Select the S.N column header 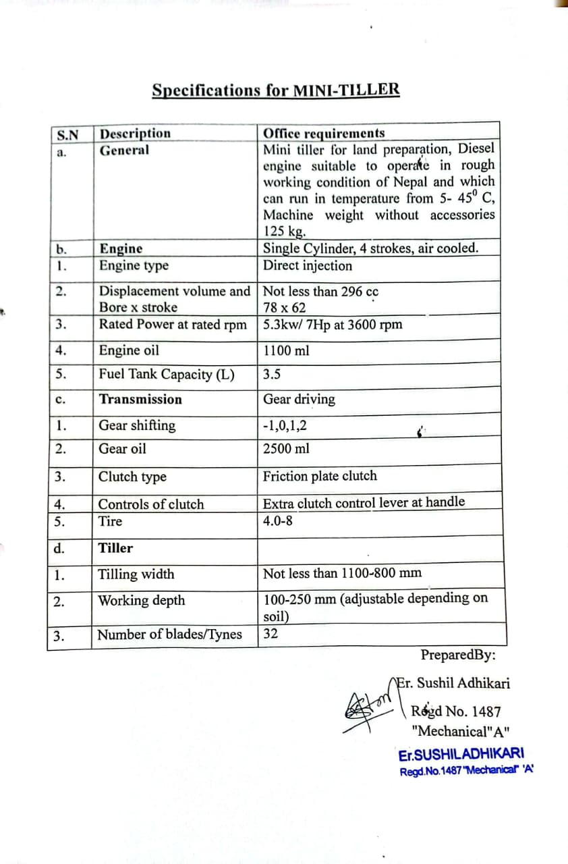[x=67, y=134]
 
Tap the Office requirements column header [x=324, y=133]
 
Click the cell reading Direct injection [x=307, y=265]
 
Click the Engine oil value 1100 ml [x=287, y=350]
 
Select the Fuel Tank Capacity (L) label [x=167, y=375]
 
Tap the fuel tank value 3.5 [x=272, y=375]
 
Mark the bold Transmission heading [x=140, y=399]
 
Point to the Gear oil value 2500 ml [x=287, y=449]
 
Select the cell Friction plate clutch [x=320, y=476]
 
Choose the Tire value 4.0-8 [x=277, y=521]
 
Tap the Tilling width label [x=136, y=574]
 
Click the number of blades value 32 [x=270, y=634]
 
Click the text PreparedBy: [x=458, y=655]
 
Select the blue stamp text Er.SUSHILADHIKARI [x=461, y=755]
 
